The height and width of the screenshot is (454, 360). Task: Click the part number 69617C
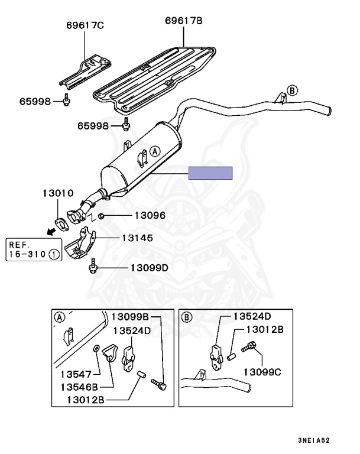pyautogui.click(x=85, y=25)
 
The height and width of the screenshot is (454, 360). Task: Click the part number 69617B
pyautogui.click(x=183, y=21)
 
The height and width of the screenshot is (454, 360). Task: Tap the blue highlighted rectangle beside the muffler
pyautogui.click(x=210, y=173)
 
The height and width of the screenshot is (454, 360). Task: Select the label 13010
pyautogui.click(x=57, y=193)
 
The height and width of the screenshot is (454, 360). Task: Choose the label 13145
pyautogui.click(x=137, y=238)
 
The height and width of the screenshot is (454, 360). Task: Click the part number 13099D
pyautogui.click(x=149, y=268)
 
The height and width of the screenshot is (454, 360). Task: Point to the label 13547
pyautogui.click(x=76, y=374)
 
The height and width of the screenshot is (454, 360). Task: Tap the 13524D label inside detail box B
pyautogui.click(x=251, y=316)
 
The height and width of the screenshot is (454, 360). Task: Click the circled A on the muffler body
pyautogui.click(x=155, y=151)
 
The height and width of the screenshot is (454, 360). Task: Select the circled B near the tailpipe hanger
pyautogui.click(x=291, y=90)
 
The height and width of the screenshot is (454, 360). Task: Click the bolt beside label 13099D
pyautogui.click(x=93, y=267)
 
